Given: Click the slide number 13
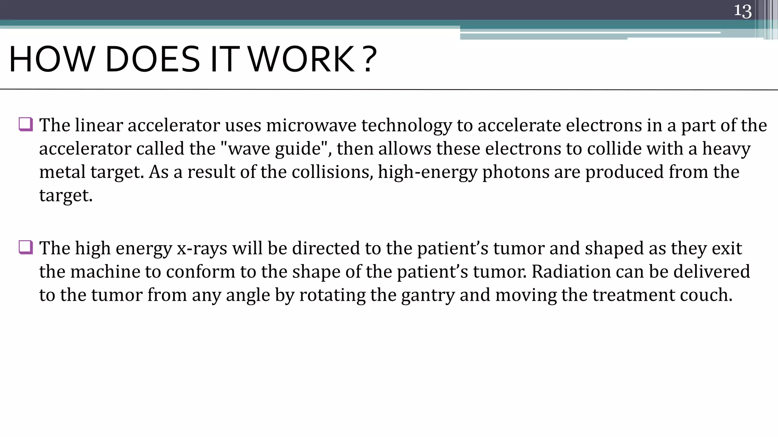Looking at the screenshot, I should pyautogui.click(x=742, y=11).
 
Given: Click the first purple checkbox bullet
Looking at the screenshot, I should pyautogui.click(x=26, y=124).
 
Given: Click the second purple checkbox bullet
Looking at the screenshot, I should pyautogui.click(x=26, y=247).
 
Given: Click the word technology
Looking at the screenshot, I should pyautogui.click(x=406, y=126).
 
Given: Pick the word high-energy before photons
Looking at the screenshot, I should pyautogui.click(x=427, y=172).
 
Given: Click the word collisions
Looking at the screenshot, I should pyautogui.click(x=332, y=172).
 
